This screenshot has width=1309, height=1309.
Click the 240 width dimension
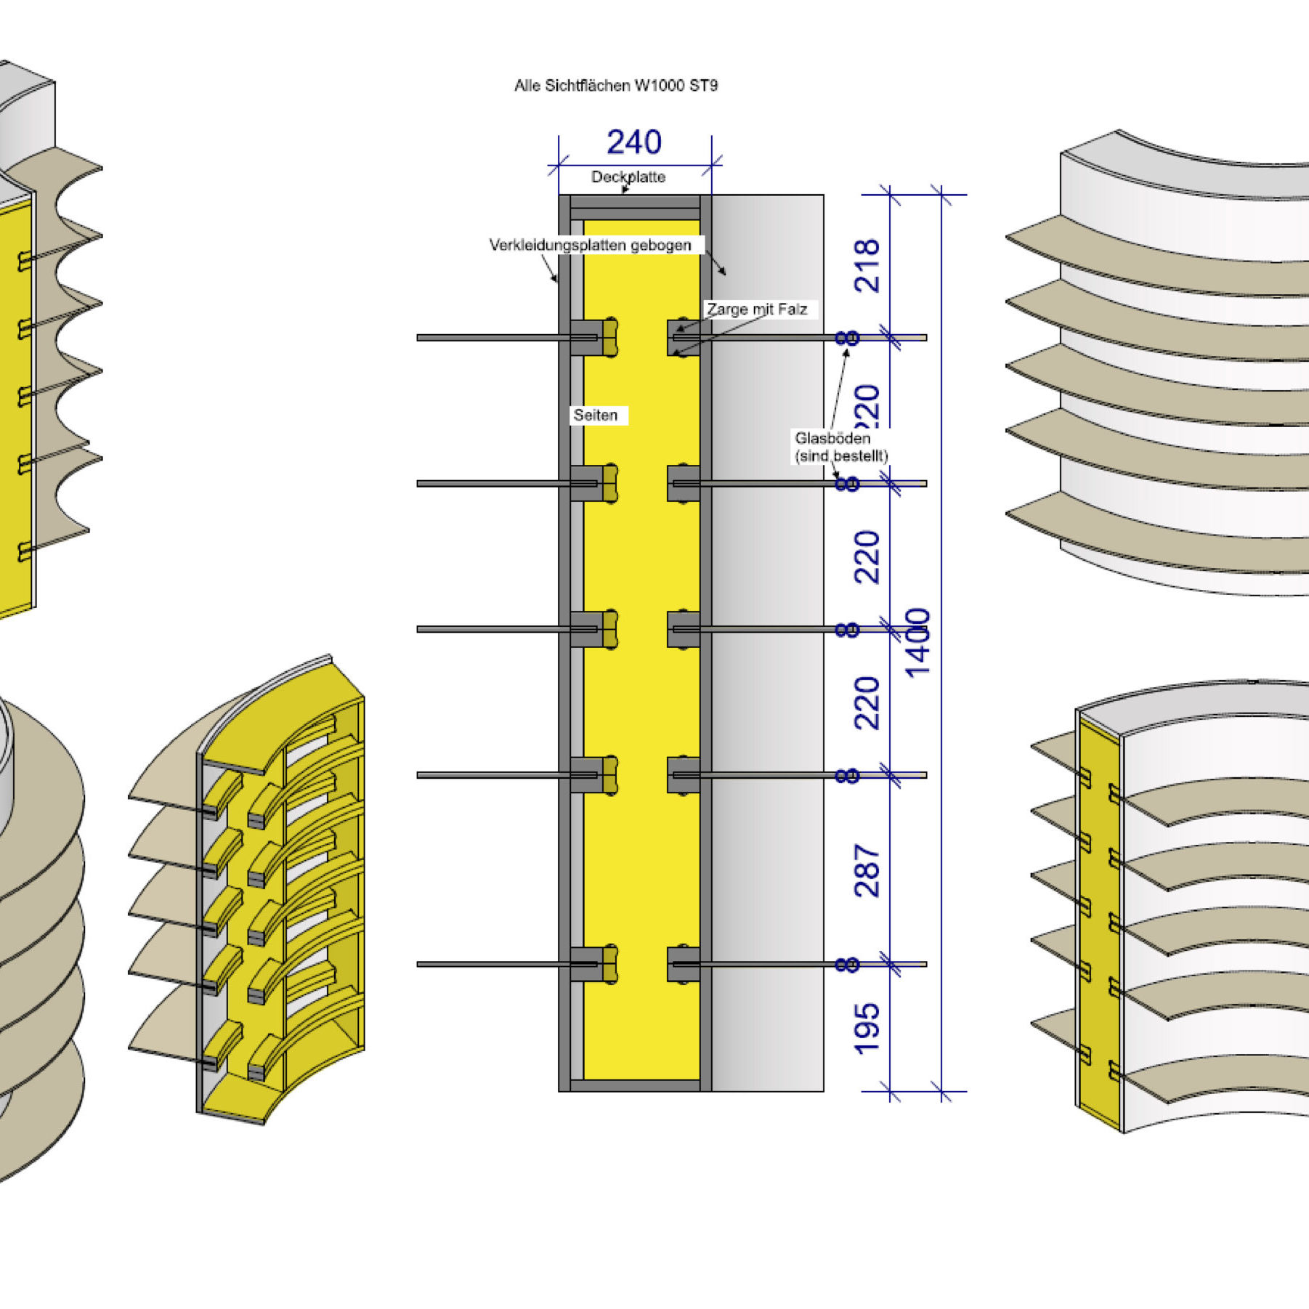pos(634,142)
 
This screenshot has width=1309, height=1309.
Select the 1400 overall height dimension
pos(919,642)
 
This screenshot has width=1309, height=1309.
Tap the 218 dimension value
pos(867,266)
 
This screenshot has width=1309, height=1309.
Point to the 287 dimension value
pos(867,870)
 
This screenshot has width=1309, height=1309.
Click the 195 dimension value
pos(867,1029)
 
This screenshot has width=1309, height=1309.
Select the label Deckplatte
pos(628,177)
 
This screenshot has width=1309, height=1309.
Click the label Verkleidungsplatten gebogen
pos(590,246)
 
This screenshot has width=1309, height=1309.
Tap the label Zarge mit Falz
pos(757,309)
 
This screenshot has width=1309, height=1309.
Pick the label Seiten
pos(596,416)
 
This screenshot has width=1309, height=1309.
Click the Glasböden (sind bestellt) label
pos(841,447)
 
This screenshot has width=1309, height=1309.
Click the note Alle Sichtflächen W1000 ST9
pos(616,86)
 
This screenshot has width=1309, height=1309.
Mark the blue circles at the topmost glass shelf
pos(847,338)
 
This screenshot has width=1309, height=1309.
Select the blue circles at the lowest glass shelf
pos(847,965)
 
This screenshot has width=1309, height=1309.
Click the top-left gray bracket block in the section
pos(585,338)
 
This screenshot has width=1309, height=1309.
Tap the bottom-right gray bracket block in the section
pos(684,964)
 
